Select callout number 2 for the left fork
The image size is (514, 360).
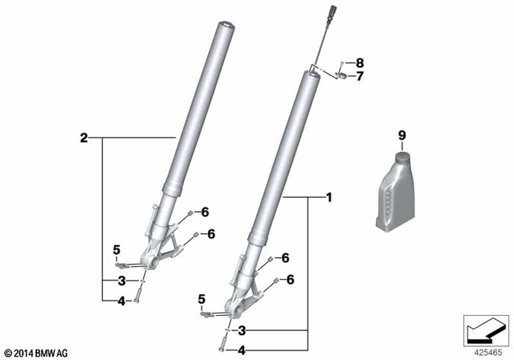click(83, 138)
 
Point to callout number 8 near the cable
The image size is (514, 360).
click(360, 63)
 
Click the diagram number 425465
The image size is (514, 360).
click(485, 351)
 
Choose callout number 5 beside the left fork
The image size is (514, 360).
click(116, 247)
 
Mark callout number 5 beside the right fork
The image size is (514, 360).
click(201, 300)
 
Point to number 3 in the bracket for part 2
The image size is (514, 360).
click(120, 280)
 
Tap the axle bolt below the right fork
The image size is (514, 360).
click(220, 346)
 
